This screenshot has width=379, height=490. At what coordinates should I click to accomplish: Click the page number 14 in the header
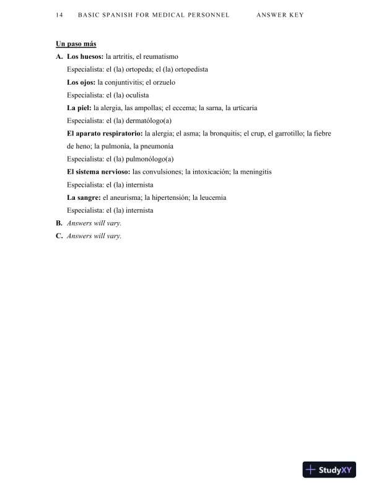58,14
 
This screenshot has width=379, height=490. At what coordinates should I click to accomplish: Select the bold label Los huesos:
85,57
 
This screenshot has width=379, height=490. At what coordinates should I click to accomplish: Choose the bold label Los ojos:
81,82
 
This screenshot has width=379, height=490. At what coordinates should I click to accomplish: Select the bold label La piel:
79,108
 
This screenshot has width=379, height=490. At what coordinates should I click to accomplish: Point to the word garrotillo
289,134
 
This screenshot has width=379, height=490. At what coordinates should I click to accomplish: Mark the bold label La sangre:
84,197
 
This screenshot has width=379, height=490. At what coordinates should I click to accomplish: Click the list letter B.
59,223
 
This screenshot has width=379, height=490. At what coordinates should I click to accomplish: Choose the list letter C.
59,236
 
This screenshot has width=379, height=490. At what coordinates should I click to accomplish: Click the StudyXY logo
329,470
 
